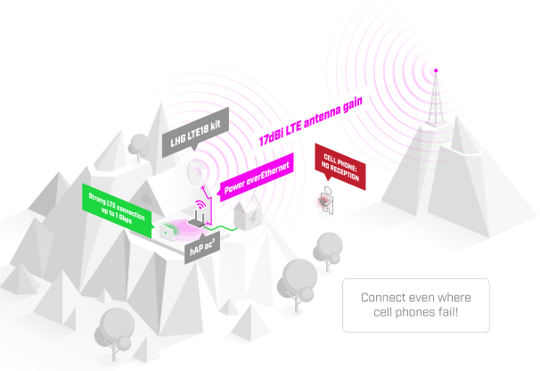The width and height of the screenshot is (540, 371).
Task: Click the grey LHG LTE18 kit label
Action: [193, 134]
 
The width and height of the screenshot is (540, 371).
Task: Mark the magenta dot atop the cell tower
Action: [435, 69]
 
